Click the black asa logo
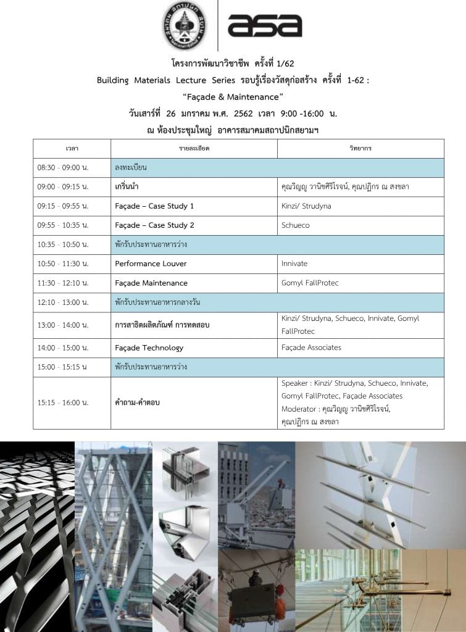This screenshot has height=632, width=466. click(x=264, y=25)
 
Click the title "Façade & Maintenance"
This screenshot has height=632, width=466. click(x=233, y=97)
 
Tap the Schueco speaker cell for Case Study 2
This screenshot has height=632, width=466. click(x=295, y=225)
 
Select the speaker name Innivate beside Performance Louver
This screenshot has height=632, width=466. click(x=294, y=264)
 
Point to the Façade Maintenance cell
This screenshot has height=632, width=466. click(x=151, y=283)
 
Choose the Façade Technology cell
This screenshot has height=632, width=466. click(x=149, y=347)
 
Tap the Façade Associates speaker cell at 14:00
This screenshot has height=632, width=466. click(x=310, y=347)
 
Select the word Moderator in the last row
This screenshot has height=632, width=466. click(x=299, y=409)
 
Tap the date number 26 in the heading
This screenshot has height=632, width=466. click(x=170, y=114)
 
